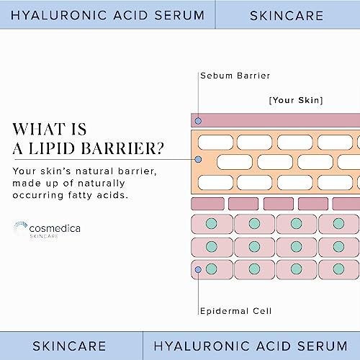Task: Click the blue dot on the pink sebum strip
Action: (x=198, y=120)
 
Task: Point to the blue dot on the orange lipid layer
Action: (x=198, y=159)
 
